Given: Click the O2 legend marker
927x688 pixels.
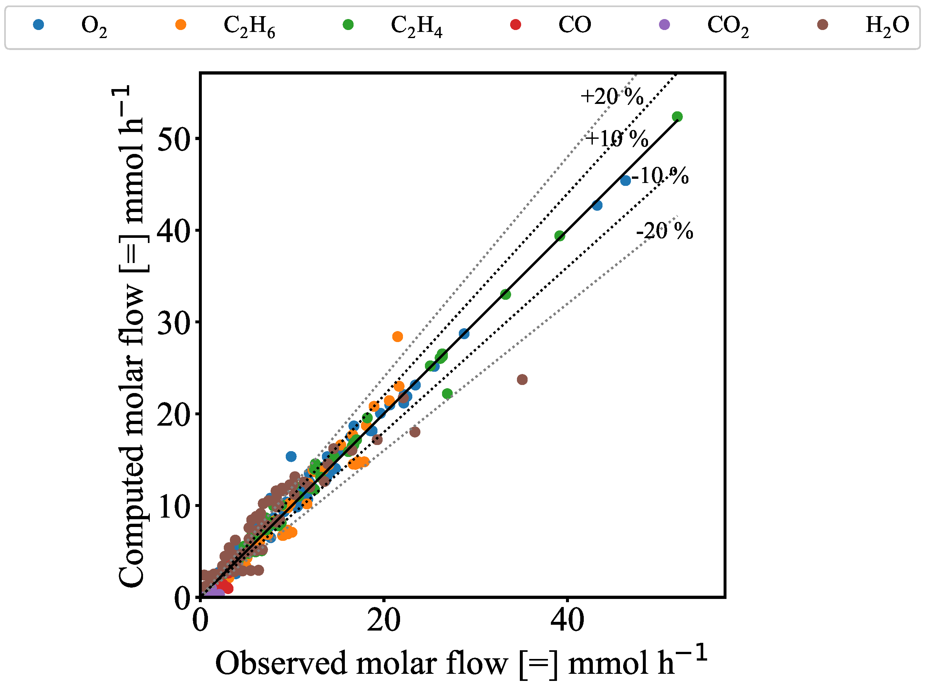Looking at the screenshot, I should (x=38, y=25).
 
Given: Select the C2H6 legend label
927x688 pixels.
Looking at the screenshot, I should (x=249, y=26).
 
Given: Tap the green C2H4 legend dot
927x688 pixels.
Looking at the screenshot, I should (x=348, y=25).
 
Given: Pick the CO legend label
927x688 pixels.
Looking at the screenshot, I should (x=574, y=25).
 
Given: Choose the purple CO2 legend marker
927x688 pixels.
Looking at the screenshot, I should (x=664, y=25).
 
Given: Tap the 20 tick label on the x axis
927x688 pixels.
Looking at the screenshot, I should (x=384, y=621).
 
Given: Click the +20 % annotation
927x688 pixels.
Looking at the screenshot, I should (x=612, y=96).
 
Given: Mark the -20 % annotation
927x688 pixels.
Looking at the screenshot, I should (x=664, y=231).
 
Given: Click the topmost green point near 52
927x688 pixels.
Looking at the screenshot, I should (x=677, y=116).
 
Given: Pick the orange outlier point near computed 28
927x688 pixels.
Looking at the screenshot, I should (x=397, y=337).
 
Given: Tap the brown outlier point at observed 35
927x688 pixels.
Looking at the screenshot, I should (x=522, y=379).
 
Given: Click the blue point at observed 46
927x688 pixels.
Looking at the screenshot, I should (x=625, y=180).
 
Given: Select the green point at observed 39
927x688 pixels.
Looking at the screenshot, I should (x=560, y=236).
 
